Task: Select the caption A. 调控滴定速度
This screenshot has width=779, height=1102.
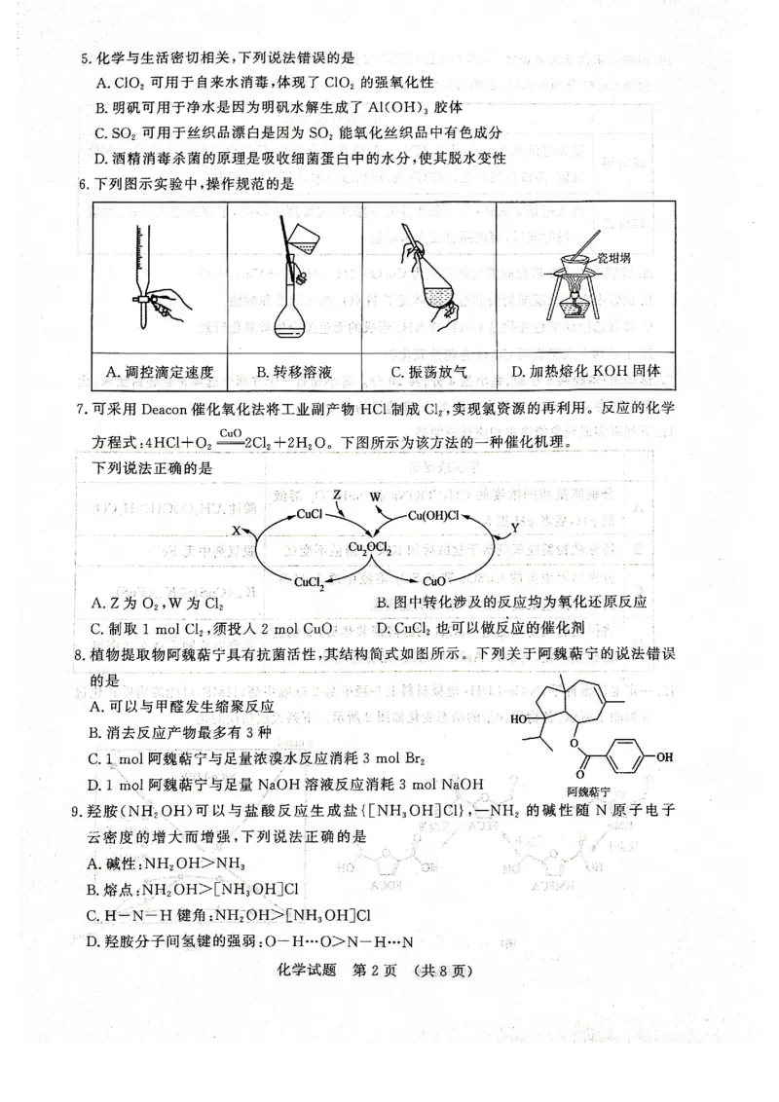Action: (159, 371)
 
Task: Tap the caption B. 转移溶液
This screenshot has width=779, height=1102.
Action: (294, 371)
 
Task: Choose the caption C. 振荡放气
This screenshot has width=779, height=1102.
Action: (429, 371)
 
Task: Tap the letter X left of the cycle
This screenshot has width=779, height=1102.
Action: (236, 531)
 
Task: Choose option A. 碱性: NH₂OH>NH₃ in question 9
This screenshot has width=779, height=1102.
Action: (166, 863)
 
